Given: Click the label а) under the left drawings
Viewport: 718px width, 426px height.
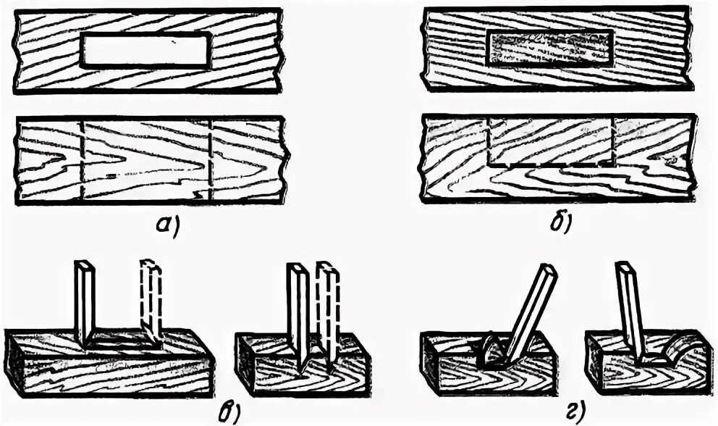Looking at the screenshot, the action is [167, 226].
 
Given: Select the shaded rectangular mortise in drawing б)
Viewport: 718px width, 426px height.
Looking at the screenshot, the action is [550, 50].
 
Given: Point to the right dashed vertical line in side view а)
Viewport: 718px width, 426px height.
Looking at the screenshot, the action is [210, 159].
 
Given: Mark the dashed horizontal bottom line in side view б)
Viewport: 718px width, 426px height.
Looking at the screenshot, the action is [552, 165].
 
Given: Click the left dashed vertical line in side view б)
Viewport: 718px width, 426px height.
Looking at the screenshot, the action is [490, 141].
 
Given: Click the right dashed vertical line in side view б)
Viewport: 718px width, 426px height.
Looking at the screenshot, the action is [613, 141].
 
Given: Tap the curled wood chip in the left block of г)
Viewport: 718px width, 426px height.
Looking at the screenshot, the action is [491, 351].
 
